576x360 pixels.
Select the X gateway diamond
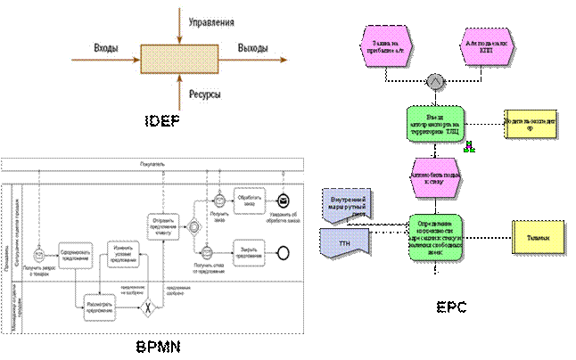point(151,308)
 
